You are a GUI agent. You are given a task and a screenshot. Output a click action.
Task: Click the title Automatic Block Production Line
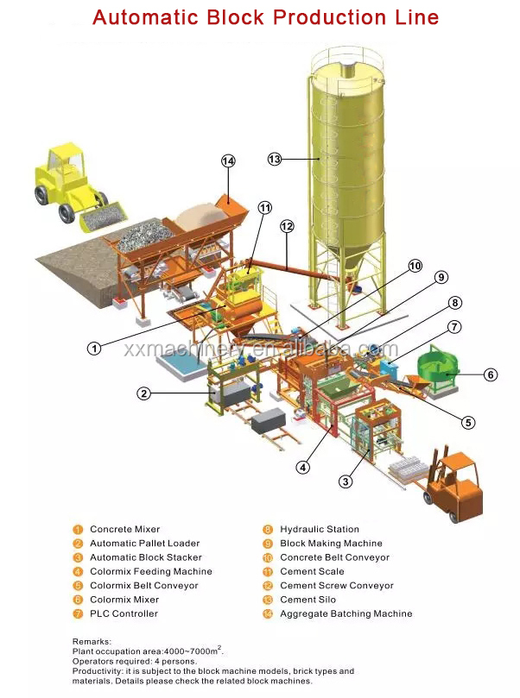(265, 17)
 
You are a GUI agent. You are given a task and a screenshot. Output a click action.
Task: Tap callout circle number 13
(275, 159)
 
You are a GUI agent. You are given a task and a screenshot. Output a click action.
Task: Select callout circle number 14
(228, 160)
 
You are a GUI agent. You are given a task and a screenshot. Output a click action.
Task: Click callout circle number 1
(94, 349)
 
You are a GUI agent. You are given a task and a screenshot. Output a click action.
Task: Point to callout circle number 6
(490, 374)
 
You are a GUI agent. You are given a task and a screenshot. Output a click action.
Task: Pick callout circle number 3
(346, 481)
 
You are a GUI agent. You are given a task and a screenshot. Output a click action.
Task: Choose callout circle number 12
(287, 226)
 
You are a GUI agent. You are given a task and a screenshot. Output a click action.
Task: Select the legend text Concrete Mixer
(124, 529)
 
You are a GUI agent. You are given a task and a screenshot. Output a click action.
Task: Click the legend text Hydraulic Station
(319, 529)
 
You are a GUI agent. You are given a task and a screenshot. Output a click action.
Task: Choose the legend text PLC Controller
(124, 613)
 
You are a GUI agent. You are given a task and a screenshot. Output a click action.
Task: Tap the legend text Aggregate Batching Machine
(346, 613)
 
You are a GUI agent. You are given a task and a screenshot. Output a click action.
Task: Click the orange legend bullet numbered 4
(77, 571)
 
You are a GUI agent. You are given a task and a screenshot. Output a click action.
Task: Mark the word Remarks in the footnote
(92, 641)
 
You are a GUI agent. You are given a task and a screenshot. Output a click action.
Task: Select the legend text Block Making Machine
(331, 544)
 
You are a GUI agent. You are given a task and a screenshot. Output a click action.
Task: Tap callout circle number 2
(144, 393)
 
